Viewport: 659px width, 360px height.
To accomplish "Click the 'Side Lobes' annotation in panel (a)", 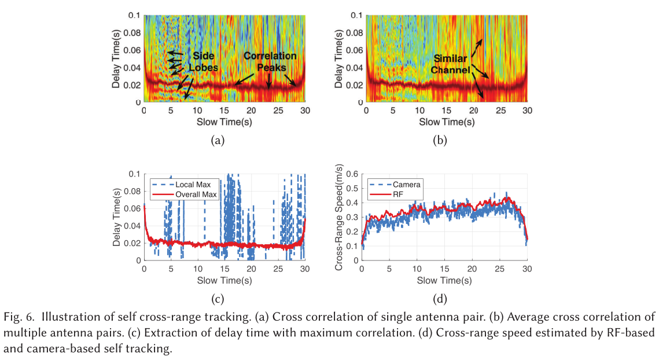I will (205, 62).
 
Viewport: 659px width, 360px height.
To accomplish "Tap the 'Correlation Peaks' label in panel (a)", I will (270, 62).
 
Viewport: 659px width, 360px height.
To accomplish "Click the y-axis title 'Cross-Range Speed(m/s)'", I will (340, 217).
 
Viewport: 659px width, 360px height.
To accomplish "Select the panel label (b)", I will (441, 139).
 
